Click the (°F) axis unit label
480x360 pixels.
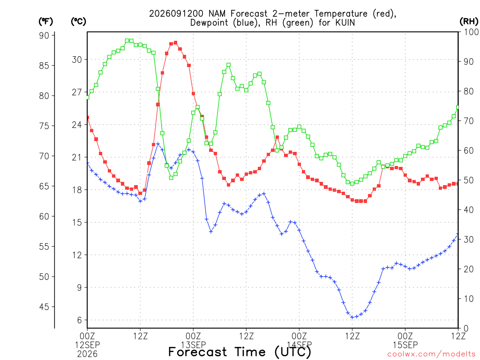(x=45, y=22)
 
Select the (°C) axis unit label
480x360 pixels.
(x=78, y=22)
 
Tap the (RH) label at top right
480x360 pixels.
(x=469, y=22)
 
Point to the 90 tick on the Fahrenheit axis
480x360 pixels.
(x=44, y=36)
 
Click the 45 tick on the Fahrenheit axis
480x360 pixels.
(x=44, y=307)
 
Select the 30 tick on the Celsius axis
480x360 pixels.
(x=77, y=60)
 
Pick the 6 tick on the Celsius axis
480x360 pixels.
(x=80, y=320)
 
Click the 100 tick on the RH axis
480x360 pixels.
(x=471, y=32)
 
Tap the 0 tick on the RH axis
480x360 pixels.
(x=466, y=329)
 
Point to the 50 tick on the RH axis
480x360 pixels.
(x=468, y=180)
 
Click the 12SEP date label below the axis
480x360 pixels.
(x=87, y=345)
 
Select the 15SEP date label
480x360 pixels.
(x=405, y=345)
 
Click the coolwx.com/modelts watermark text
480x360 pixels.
(x=432, y=354)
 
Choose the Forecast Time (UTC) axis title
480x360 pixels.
(x=240, y=352)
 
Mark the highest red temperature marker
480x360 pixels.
(x=175, y=43)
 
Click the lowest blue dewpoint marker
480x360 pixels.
(x=352, y=317)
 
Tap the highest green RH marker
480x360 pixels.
(x=127, y=41)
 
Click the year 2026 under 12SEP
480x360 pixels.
(x=87, y=354)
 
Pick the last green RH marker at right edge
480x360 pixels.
(x=458, y=107)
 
